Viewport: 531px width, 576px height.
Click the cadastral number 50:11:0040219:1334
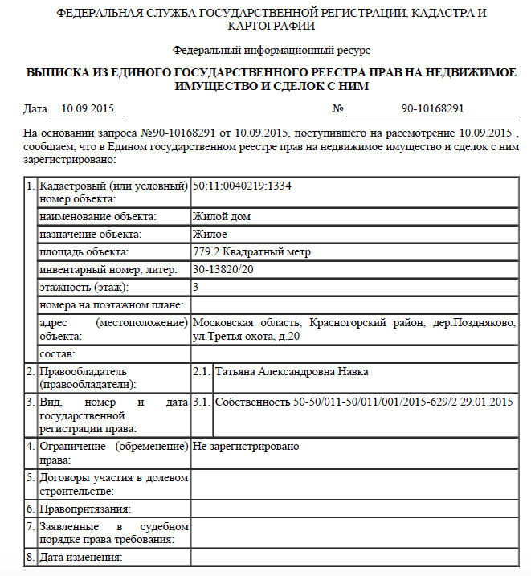242,186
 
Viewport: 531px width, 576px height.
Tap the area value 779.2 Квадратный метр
251,252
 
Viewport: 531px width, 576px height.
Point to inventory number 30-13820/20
224,270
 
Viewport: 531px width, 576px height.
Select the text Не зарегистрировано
246,445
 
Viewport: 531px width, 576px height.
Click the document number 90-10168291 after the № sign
433,109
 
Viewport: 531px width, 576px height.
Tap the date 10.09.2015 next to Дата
86,109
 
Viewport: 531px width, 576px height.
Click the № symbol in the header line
338,109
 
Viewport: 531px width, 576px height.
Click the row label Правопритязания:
85,509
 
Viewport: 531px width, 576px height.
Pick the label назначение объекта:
91,235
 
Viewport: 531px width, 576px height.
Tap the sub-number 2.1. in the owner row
201,372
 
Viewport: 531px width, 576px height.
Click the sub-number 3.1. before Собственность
201,401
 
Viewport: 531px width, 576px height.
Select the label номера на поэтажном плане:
112,305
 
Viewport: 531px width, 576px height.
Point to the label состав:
57,353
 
